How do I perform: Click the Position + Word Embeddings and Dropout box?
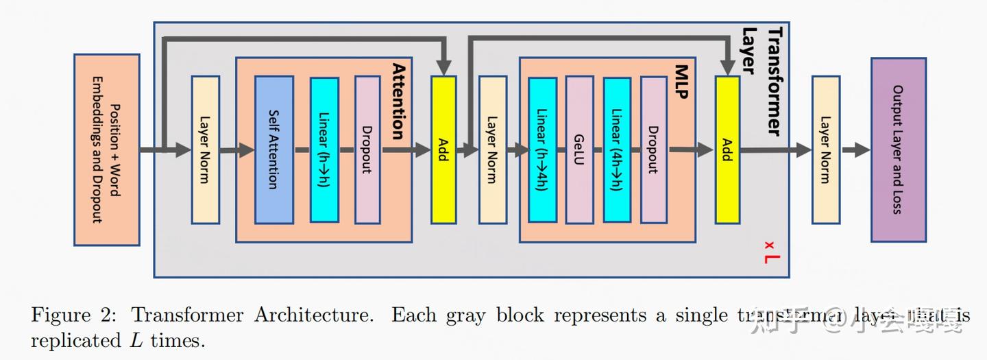coord(106,149)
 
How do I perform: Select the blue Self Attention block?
coord(273,149)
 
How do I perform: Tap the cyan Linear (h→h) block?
coord(324,149)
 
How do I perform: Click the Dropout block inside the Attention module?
coord(367,149)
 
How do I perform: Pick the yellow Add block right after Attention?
coord(443,149)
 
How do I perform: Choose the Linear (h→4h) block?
coord(542,149)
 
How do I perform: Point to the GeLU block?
coord(579,149)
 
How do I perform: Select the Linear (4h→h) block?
coord(617,149)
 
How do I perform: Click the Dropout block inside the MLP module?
coord(654,149)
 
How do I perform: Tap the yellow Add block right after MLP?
coord(727,149)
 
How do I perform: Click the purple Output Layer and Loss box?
coord(898,149)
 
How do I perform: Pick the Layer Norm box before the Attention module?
coord(205,149)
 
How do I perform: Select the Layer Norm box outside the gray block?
coord(825,149)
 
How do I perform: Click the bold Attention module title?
coord(398,101)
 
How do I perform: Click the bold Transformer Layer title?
coord(762,81)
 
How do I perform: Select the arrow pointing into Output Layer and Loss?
coord(855,150)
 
